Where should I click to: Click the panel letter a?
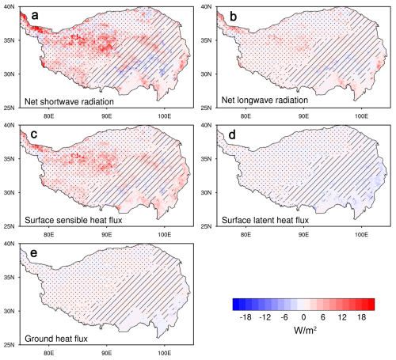point(35,16)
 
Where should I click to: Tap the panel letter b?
point(234,17)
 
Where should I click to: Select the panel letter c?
point(34,135)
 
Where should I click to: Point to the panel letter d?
point(232,135)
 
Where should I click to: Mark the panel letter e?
point(34,253)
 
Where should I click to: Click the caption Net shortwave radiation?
point(69,101)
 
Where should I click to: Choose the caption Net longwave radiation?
point(265,100)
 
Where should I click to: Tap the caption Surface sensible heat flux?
point(74,220)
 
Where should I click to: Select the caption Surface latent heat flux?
point(265,220)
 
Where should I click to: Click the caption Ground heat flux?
point(56,339)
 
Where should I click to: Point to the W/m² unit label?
point(305,330)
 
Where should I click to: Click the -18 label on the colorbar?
point(246,317)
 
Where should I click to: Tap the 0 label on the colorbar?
point(303,317)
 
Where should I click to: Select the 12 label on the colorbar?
point(342,317)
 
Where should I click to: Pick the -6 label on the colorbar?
point(284,317)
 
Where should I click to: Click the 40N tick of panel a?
point(10,6)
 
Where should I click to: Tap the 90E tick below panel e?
point(106,353)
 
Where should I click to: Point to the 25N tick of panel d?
point(206,226)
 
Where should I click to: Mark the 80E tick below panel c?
point(48,234)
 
